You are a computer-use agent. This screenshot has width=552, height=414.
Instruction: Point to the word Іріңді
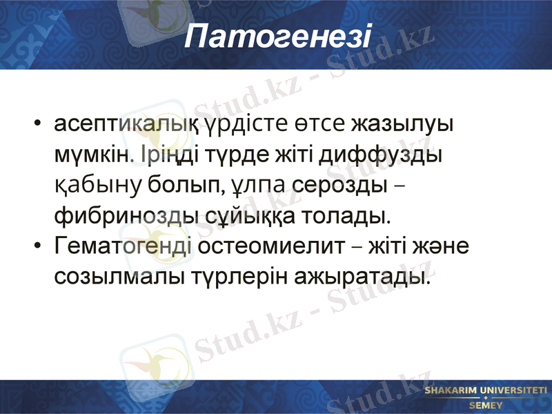click(x=164, y=155)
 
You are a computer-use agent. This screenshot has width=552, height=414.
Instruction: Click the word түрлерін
click(x=239, y=277)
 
